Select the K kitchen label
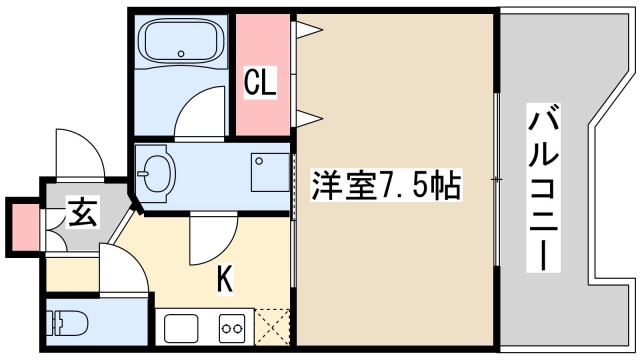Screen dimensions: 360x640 coord(226,281)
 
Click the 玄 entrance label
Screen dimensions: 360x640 coord(82,213)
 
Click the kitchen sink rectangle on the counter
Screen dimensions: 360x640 coord(184,328)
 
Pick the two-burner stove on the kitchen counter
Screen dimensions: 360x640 coord(233,328)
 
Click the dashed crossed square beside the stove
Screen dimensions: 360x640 coord(272,327)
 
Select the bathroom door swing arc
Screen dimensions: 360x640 coord(203,111)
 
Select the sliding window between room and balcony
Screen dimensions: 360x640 coord(495,180)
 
